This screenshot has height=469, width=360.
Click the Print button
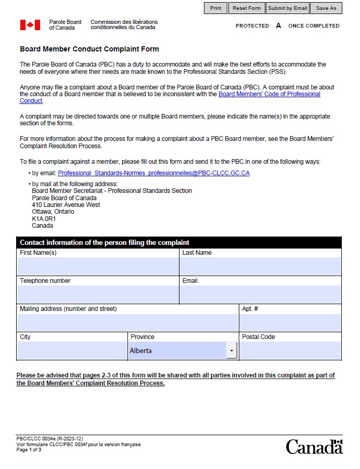[215, 8]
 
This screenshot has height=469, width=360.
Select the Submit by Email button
[288, 8]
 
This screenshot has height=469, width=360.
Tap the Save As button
[326, 8]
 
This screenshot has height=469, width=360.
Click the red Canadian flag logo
[30, 25]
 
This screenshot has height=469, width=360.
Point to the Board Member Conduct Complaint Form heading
[89, 49]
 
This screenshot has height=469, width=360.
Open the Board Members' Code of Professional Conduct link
[269, 94]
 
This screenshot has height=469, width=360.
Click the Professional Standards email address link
[153, 173]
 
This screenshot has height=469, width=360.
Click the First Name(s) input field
[98, 266]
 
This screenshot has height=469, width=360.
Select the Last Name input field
[260, 266]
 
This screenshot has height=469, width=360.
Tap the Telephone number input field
[98, 294]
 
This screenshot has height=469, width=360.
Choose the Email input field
[260, 294]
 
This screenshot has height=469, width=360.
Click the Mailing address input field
[127, 322]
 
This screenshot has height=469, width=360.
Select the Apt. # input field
[290, 322]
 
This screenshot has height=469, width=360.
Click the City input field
[72, 350]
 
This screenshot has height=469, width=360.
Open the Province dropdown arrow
[232, 351]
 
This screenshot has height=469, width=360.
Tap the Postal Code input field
[290, 350]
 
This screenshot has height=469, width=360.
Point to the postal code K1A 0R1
[44, 219]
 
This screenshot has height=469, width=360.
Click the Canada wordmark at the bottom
[314, 447]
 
